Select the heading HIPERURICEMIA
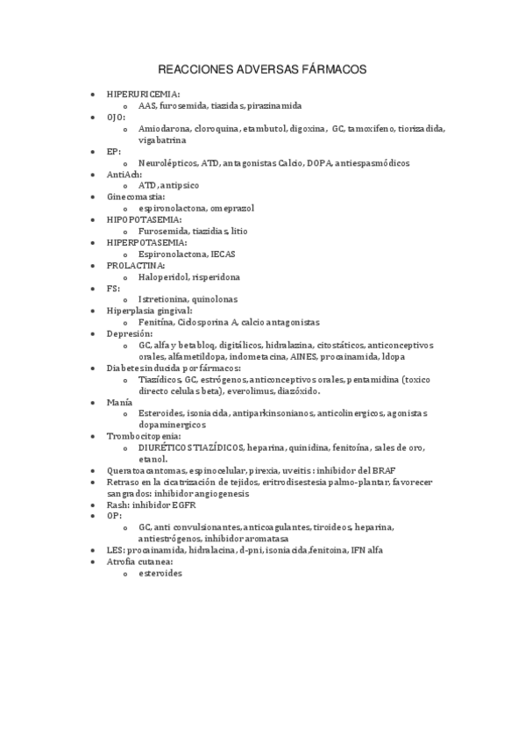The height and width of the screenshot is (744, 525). coord(142,93)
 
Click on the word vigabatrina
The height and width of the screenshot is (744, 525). coord(162,139)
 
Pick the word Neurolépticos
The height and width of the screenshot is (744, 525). coord(167,162)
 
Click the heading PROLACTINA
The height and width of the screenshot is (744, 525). coord(135,265)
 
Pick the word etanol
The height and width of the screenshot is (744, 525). coord(153,459)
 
